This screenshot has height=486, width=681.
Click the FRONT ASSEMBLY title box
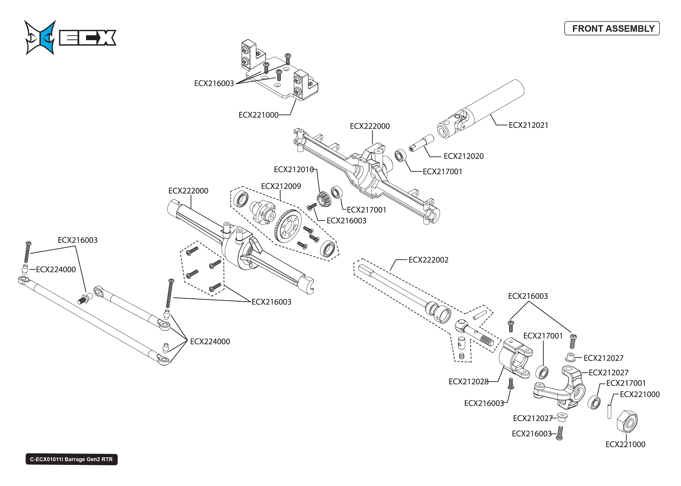612,28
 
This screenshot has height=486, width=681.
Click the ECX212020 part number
463,156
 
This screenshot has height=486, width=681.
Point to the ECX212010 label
293,169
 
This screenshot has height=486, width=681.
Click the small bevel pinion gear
324,199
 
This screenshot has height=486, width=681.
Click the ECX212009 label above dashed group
281,186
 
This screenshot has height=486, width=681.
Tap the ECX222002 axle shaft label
428,260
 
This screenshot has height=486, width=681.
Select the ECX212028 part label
468,382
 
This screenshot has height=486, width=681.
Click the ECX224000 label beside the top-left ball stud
56,269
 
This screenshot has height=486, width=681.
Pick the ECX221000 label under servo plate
258,115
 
